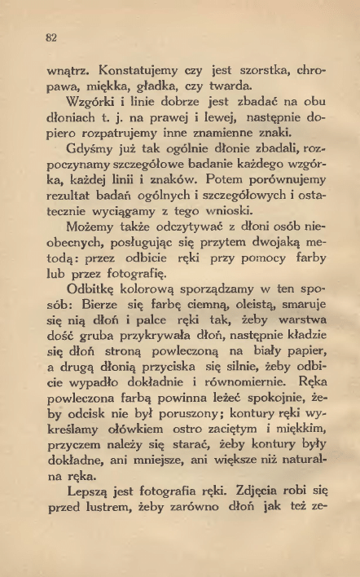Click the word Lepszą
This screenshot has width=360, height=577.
pyautogui.click(x=78, y=536)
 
